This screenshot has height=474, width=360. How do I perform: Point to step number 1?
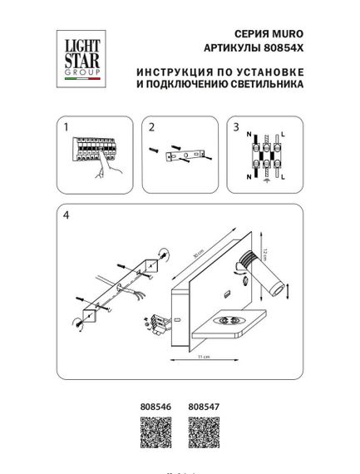63,127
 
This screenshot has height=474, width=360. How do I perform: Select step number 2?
152,127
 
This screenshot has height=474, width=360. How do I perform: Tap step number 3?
236,127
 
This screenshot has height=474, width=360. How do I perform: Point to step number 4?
63,215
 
